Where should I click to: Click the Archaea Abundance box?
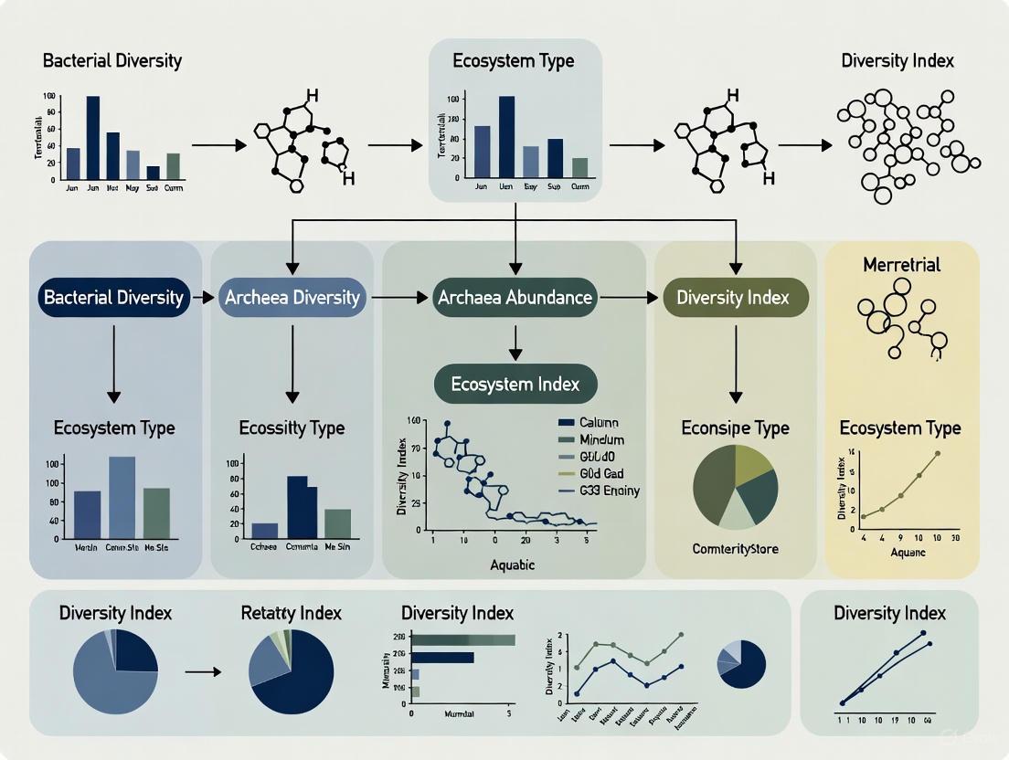[x=515, y=297]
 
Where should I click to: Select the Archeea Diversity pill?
[x=292, y=297]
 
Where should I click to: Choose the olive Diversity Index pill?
[x=733, y=297]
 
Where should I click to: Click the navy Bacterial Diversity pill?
[x=112, y=297]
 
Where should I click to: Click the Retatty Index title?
[x=291, y=612]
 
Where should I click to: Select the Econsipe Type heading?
[x=736, y=427]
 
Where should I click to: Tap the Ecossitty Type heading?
[x=292, y=427]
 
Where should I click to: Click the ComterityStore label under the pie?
[x=736, y=548]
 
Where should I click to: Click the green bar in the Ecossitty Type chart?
[x=337, y=522]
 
